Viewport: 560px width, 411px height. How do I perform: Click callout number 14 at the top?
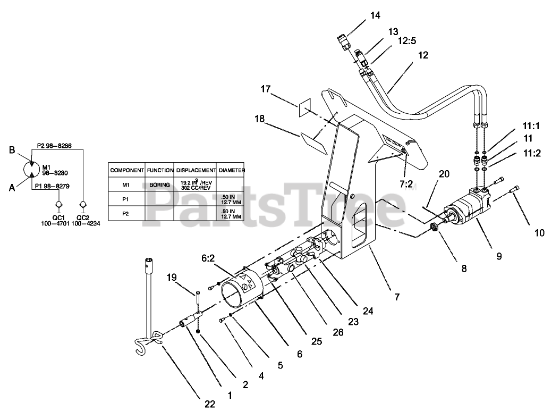[x=375, y=15]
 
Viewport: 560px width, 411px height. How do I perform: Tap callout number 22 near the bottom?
[x=210, y=404]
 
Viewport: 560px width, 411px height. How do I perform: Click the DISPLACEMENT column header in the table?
[x=196, y=171]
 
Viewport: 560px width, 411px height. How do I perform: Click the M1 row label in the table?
[x=126, y=184]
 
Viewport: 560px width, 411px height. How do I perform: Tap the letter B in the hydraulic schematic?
[x=12, y=150]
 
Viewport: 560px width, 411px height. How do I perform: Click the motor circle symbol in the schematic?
[x=31, y=170]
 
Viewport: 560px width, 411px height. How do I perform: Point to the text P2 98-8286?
[x=54, y=145]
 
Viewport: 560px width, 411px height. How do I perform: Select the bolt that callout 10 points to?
[x=515, y=191]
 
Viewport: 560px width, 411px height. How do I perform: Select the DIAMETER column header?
[x=231, y=171]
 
